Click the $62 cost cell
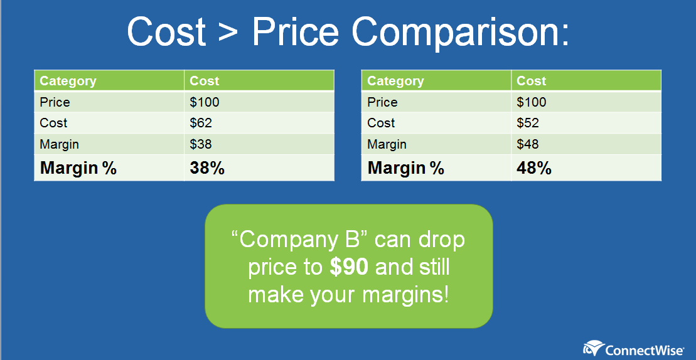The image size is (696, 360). [201, 123]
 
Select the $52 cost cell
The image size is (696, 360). [528, 123]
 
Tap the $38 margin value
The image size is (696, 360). [201, 144]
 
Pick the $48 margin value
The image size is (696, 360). [528, 144]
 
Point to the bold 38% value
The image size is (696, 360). [207, 168]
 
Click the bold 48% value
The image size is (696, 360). [534, 168]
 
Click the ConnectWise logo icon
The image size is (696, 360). [593, 347]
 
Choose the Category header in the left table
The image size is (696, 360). [68, 81]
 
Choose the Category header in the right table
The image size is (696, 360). [395, 81]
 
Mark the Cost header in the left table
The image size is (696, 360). [205, 81]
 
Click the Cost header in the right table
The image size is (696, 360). [532, 81]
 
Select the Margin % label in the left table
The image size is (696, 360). [78, 168]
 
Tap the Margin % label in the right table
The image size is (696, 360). [406, 168]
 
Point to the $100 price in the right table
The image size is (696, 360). [532, 102]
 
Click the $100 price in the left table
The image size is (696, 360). [205, 102]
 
